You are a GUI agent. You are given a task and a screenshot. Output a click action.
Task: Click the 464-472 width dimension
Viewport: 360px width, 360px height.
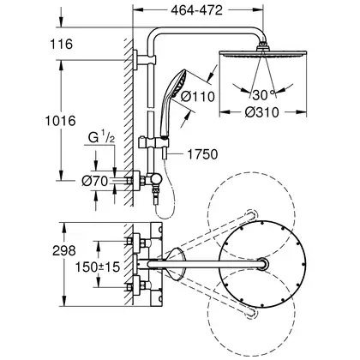[196, 11]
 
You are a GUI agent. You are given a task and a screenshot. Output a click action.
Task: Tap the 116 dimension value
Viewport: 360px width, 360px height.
[62, 45]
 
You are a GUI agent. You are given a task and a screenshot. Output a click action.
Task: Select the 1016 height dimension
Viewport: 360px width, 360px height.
[61, 121]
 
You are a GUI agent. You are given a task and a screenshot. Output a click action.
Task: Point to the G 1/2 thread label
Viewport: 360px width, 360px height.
[101, 138]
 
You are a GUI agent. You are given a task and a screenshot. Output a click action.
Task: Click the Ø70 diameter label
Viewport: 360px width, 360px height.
[95, 181]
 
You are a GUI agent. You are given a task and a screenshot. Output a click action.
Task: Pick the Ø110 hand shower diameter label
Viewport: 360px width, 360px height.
[198, 97]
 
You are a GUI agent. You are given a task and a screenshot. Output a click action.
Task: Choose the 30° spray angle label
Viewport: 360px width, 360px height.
[263, 95]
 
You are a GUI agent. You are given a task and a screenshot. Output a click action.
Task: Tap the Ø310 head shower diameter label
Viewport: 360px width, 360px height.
[261, 112]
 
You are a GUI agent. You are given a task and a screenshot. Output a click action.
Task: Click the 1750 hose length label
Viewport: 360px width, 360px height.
[202, 154]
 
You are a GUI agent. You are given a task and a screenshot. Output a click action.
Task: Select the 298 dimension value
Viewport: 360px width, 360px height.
[64, 250]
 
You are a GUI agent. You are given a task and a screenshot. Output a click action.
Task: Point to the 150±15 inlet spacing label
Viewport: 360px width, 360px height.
[97, 267]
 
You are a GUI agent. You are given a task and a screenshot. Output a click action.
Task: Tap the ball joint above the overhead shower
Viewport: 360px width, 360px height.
[262, 46]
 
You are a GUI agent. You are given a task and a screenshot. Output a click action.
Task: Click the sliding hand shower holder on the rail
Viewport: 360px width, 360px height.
[153, 142]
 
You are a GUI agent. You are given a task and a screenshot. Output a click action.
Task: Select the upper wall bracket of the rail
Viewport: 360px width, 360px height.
[144, 59]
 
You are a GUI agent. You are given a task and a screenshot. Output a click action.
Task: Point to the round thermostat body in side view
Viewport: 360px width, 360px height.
[156, 180]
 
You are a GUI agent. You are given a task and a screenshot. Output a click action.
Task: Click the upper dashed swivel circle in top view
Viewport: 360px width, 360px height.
[250, 216]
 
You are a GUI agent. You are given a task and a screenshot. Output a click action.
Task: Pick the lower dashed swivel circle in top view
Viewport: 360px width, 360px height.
[251, 314]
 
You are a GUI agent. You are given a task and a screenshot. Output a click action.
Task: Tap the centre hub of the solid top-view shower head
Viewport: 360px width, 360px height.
[262, 264]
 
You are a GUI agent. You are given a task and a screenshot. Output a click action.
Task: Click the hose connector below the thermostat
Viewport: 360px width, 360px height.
[155, 195]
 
